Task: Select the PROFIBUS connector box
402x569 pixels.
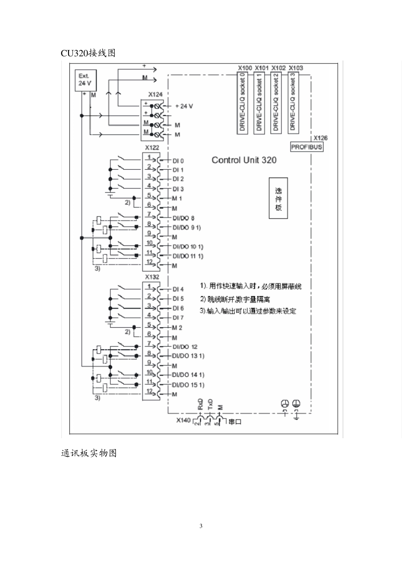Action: tap(307, 147)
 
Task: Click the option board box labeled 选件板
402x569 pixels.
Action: tap(278, 198)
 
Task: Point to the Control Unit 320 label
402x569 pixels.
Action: tap(244, 160)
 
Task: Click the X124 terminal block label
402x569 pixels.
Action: tap(155, 94)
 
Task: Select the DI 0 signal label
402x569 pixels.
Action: tap(178, 161)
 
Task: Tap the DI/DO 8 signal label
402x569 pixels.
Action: tap(183, 218)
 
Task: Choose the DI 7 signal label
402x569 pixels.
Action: tap(178, 318)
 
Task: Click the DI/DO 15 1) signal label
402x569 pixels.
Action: tap(188, 385)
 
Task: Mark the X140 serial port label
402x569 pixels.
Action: tap(184, 421)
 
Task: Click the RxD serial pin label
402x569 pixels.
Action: tap(201, 403)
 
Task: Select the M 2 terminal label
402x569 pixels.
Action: tap(177, 328)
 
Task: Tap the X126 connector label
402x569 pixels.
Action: tap(320, 138)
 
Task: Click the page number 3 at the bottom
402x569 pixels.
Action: tap(201, 526)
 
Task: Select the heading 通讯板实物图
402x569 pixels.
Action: tap(89, 453)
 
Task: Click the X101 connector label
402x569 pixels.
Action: tap(262, 68)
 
